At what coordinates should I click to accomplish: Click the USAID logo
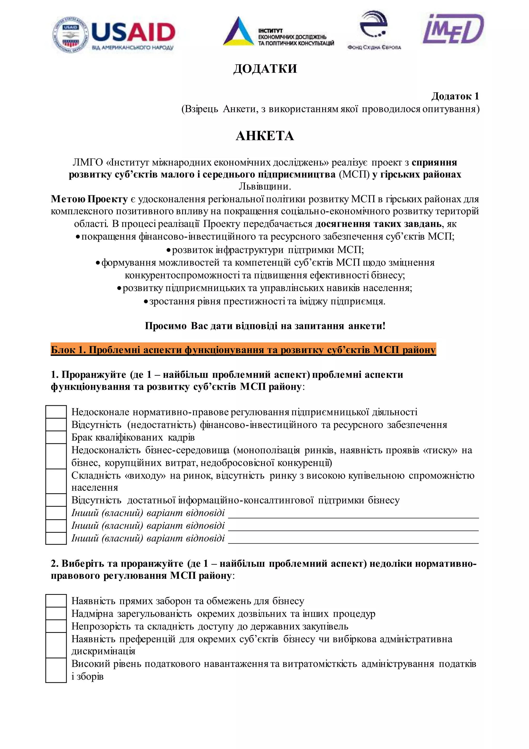coord(114,34)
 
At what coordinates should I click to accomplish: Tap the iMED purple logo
coord(453,29)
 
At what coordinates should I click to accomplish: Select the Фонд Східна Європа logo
coord(374,30)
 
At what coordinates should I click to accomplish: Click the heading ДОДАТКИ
coord(265,69)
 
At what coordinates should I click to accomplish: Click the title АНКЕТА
coord(264,136)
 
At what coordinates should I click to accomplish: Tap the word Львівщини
coord(264,186)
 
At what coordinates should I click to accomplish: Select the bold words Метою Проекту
coord(89,199)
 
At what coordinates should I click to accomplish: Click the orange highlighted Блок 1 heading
coord(243,350)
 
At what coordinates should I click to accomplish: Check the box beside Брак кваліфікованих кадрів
coord(56,437)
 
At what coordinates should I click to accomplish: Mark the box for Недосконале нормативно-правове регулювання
coord(56,412)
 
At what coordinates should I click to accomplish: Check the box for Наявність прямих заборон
coord(56,601)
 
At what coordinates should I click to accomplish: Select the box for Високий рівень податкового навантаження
coord(56,670)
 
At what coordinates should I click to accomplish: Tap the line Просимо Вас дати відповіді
coord(264,326)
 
